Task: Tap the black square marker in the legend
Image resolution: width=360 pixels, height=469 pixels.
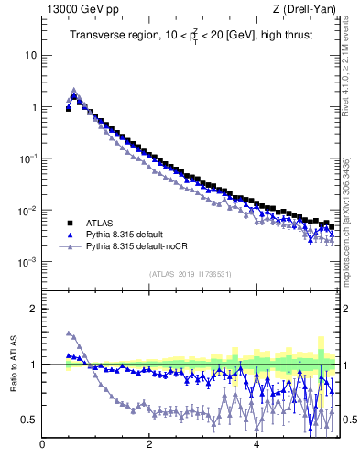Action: click(x=69, y=222)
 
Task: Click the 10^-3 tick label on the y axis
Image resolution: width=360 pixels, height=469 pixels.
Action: click(x=27, y=263)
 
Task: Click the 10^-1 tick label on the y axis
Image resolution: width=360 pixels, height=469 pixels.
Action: click(x=27, y=159)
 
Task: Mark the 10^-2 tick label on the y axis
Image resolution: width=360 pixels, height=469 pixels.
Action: click(x=27, y=212)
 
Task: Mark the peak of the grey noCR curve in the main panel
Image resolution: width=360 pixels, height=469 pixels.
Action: click(x=74, y=90)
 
